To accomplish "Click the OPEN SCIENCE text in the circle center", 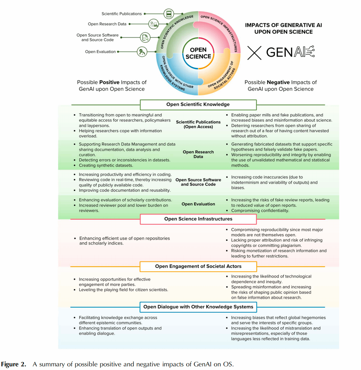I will [x=198, y=53].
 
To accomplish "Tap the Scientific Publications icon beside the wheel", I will [x=169, y=14].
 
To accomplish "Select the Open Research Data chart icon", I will [x=154, y=24].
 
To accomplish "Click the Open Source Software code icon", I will [x=145, y=37].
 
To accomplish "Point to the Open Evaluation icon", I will [x=142, y=52].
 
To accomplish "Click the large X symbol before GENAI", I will [x=254, y=53].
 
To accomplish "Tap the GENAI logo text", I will [x=290, y=52].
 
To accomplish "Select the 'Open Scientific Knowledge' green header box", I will [x=198, y=105].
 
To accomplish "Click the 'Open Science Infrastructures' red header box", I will [x=198, y=219].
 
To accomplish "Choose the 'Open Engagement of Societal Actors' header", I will [x=198, y=266].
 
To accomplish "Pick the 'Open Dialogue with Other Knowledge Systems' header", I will [x=198, y=307].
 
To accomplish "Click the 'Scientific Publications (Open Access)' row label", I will [x=198, y=124].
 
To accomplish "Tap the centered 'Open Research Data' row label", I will [x=198, y=154].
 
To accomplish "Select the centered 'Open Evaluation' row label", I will [x=198, y=204].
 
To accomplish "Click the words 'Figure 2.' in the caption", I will [x=13, y=365].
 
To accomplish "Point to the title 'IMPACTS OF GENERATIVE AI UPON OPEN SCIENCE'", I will [x=283, y=28].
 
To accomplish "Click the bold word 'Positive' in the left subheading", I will [x=109, y=82].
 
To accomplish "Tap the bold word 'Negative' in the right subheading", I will [x=278, y=82].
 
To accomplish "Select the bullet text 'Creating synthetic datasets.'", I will [x=106, y=165].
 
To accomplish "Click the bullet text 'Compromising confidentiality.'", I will [x=260, y=211].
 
